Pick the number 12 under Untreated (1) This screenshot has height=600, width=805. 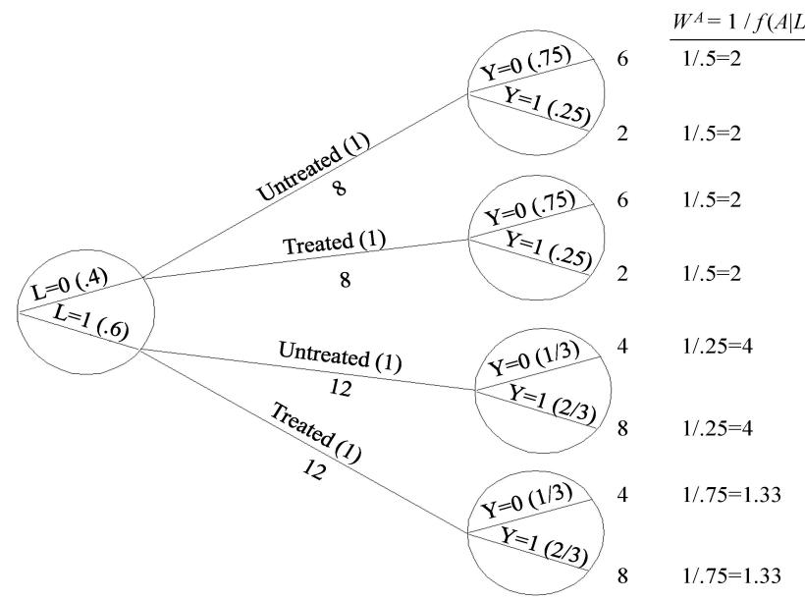tap(340, 387)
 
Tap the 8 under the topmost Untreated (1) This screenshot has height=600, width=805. tap(340, 189)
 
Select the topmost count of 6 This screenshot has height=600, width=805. tap(621, 60)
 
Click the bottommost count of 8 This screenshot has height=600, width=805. tap(622, 573)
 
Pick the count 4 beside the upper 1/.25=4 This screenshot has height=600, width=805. tap(622, 346)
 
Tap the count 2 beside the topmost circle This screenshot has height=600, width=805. tap(622, 133)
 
